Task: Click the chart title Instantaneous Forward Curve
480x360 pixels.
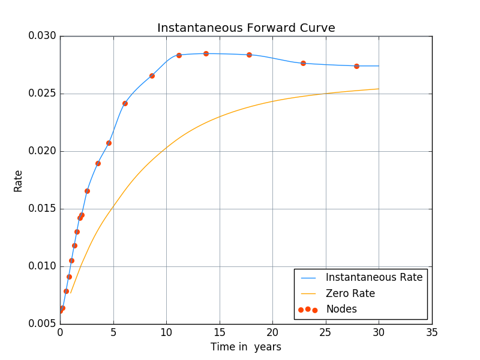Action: (x=246, y=28)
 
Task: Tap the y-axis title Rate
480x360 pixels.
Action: (x=18, y=181)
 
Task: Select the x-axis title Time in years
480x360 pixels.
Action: (x=245, y=347)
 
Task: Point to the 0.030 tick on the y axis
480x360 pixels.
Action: (x=43, y=36)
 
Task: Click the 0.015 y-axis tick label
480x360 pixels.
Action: (x=43, y=209)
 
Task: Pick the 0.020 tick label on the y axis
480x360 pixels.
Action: (x=43, y=151)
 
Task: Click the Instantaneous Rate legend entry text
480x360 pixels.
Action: (x=374, y=277)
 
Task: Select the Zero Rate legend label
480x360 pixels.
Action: (x=350, y=293)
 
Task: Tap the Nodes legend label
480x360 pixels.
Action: (x=341, y=310)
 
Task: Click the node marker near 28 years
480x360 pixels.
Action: (x=356, y=66)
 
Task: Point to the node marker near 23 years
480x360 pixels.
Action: (x=303, y=63)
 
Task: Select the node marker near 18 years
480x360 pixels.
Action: (x=249, y=55)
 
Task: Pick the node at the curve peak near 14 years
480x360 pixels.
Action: (x=206, y=53)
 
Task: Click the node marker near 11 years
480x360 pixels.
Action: (x=179, y=55)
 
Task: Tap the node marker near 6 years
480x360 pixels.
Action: (x=125, y=103)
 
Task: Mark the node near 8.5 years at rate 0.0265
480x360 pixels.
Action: (x=152, y=76)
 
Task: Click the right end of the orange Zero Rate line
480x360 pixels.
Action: (x=379, y=89)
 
